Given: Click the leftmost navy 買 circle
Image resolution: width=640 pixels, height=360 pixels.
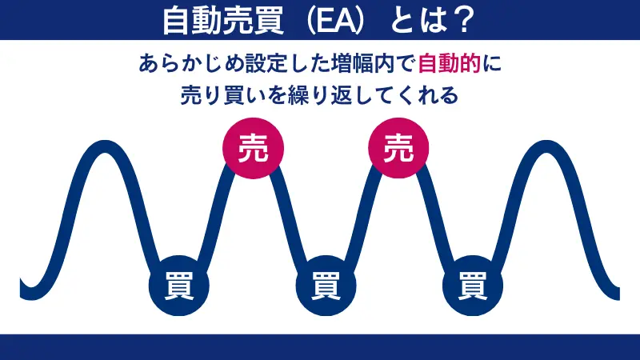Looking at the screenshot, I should tap(178, 284).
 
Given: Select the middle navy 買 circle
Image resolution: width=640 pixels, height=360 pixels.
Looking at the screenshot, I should tap(326, 284).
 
